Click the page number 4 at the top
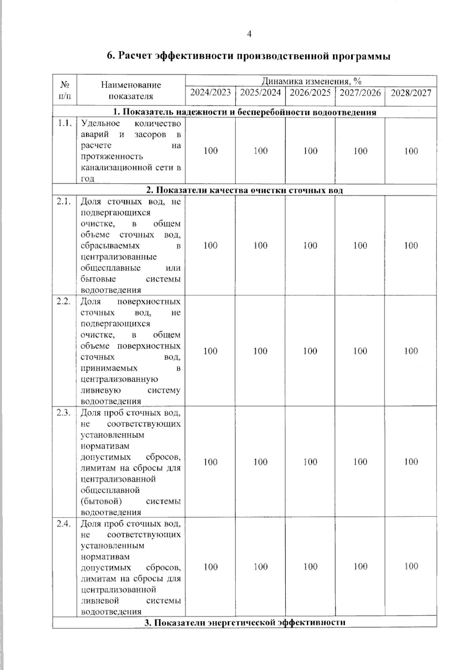pyautogui.click(x=249, y=34)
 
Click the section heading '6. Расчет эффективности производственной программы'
pyautogui.click(x=248, y=56)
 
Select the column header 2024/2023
pyautogui.click(x=211, y=93)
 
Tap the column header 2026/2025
pyautogui.click(x=310, y=93)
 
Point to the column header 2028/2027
pyautogui.click(x=411, y=93)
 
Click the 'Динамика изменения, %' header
pyautogui.click(x=311, y=81)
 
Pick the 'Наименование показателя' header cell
pyautogui.click(x=131, y=90)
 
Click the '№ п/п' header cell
pyautogui.click(x=64, y=90)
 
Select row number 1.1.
pyautogui.click(x=64, y=123)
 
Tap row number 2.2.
pyautogui.click(x=64, y=301)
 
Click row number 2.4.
pyautogui.click(x=64, y=524)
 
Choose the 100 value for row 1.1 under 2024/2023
pyautogui.click(x=211, y=151)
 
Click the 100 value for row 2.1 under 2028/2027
pyautogui.click(x=411, y=246)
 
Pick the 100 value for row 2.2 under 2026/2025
pyautogui.click(x=310, y=351)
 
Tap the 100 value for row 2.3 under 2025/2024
pyautogui.click(x=260, y=462)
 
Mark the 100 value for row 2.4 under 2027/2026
pyautogui.click(x=360, y=567)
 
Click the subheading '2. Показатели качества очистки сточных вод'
pyautogui.click(x=245, y=190)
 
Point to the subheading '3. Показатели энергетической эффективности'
pyautogui.click(x=245, y=623)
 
